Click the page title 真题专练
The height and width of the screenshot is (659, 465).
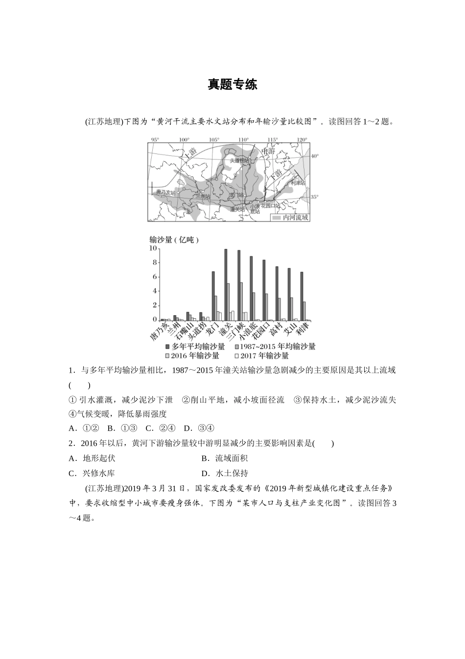pos(232,84)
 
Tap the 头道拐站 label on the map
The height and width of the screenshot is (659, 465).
pos(240,160)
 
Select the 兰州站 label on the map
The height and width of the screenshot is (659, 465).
pos(203,196)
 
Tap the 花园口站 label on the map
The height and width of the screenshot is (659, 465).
pos(272,206)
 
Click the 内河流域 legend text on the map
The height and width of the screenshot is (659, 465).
pos(296,217)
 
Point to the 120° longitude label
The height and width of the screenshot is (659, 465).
pos(302,140)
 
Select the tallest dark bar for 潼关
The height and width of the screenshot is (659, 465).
pos(226,284)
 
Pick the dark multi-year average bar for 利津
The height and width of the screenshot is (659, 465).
pos(302,296)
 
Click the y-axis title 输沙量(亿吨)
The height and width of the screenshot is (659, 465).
pos(175,240)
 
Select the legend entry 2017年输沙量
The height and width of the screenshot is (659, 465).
pos(264,356)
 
